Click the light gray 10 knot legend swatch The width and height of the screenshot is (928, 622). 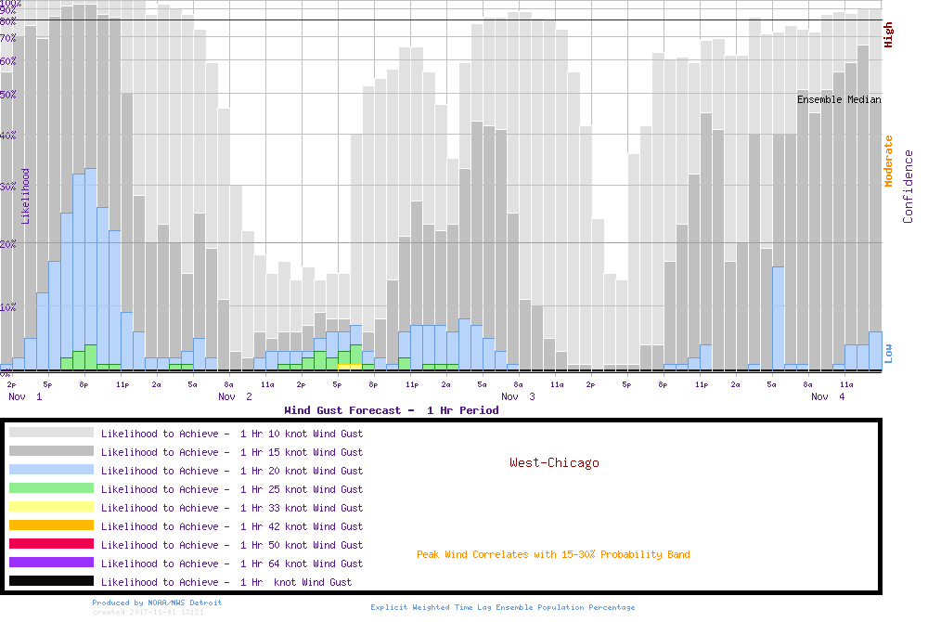[x=51, y=433]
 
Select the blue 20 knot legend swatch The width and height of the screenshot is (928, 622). [x=51, y=470]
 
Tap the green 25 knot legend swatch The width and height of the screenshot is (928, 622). [x=51, y=488]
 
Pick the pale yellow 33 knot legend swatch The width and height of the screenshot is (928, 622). [x=51, y=507]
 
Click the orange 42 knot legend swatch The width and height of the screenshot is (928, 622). [x=51, y=525]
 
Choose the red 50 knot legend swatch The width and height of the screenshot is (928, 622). [x=51, y=544]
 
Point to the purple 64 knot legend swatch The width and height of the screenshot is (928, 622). [x=51, y=563]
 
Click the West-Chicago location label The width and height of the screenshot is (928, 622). [x=554, y=462]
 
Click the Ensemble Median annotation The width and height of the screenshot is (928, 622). [x=839, y=99]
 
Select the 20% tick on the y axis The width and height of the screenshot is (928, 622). [x=8, y=243]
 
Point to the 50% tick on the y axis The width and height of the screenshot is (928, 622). [x=8, y=94]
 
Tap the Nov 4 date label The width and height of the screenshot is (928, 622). [x=828, y=396]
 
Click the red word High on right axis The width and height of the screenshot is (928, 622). [x=888, y=35]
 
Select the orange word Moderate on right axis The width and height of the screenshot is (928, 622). [x=888, y=161]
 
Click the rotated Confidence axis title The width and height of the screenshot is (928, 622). [x=909, y=187]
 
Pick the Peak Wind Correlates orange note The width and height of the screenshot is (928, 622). [x=553, y=555]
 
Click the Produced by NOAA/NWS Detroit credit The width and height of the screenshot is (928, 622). [x=157, y=603]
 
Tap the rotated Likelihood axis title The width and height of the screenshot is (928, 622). [x=26, y=196]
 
